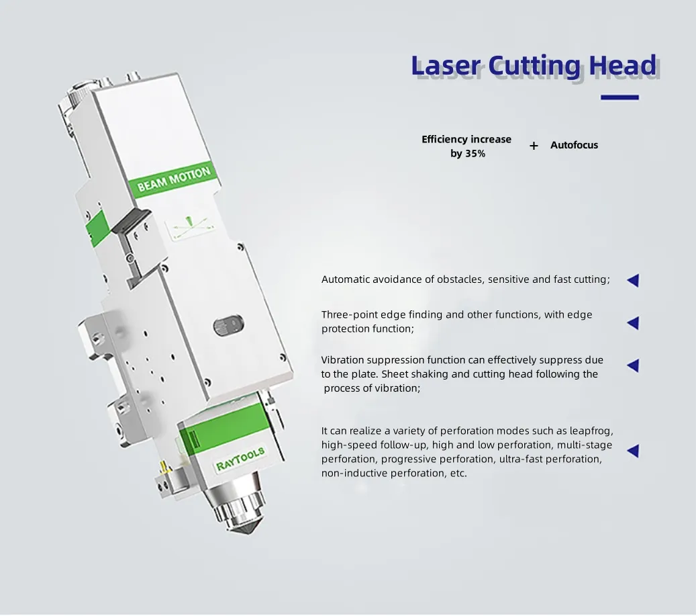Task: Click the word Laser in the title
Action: click(446, 66)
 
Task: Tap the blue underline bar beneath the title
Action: click(619, 97)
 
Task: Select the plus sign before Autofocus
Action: click(534, 146)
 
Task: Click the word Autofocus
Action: click(574, 145)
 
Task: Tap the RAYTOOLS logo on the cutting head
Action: click(240, 459)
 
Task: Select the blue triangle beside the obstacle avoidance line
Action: click(632, 281)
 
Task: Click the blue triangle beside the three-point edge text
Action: click(632, 323)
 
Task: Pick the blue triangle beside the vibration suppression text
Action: click(632, 365)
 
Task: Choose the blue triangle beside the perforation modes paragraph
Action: click(632, 451)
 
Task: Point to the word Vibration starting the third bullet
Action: click(344, 360)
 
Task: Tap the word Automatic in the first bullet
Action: click(346, 279)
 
